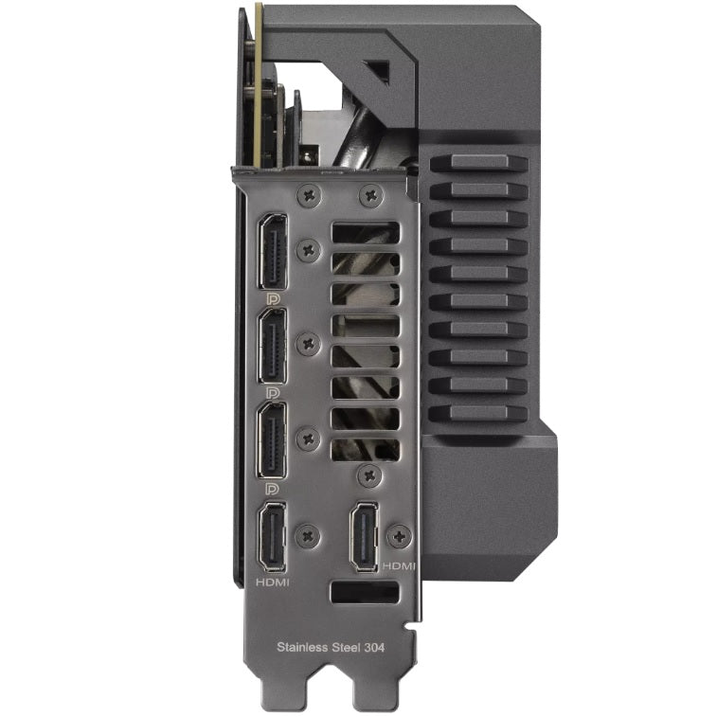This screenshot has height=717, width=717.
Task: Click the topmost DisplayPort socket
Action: coord(273,252)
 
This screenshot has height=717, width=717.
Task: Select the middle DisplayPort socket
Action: coord(273,346)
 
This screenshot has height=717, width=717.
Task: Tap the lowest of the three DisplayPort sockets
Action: coord(273,440)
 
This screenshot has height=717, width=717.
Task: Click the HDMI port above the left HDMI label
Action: coord(273,537)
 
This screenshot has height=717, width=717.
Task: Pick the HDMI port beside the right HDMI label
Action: coord(364,537)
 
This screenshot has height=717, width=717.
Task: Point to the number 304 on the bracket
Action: coord(374,647)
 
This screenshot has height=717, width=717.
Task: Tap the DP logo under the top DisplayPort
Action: coord(274,299)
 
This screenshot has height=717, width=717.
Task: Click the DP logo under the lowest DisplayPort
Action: coord(273,489)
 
